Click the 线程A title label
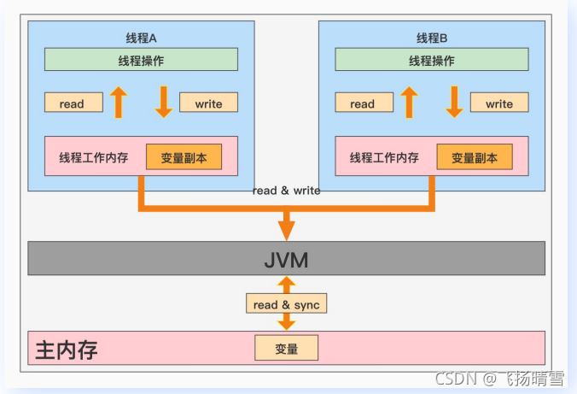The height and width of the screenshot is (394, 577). [x=141, y=38]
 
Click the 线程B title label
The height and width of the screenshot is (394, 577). [x=431, y=38]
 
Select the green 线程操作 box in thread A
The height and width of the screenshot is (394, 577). [x=141, y=60]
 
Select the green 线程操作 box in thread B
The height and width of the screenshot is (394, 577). [x=431, y=60]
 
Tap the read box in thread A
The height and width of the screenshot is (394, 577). [x=73, y=103]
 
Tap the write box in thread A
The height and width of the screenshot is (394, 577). [x=208, y=103]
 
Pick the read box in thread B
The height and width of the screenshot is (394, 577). [x=363, y=103]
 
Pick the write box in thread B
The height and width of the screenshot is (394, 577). [x=499, y=103]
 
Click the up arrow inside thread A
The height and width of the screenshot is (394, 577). [x=119, y=103]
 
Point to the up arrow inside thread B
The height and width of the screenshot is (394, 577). [x=409, y=103]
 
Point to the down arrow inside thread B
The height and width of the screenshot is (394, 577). [x=454, y=103]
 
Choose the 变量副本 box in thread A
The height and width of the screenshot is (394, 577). [x=183, y=157]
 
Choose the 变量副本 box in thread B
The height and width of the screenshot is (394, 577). [x=474, y=157]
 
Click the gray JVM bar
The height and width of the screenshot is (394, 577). [x=286, y=258]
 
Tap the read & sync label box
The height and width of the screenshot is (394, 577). [x=286, y=304]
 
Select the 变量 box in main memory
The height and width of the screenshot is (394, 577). [x=286, y=349]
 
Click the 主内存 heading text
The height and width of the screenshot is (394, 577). [x=67, y=350]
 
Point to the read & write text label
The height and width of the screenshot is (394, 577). [x=286, y=191]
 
